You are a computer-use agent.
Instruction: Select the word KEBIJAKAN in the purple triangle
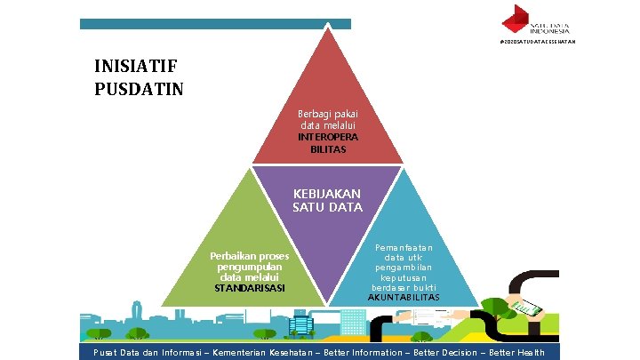328,194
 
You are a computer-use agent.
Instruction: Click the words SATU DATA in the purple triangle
328,207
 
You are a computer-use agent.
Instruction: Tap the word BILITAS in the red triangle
328,149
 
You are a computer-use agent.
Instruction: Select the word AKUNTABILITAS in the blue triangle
404,296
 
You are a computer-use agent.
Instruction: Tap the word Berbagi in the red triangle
315,114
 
